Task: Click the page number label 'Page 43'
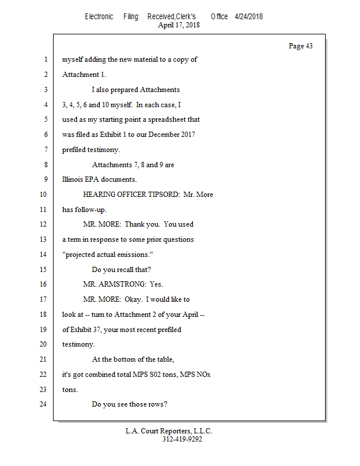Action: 301,46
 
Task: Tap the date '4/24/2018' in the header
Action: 249,17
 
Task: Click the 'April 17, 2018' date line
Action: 179,25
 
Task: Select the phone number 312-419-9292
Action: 182,439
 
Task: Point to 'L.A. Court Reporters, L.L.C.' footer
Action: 169,431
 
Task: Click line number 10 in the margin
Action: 44,195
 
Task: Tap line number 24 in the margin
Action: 44,404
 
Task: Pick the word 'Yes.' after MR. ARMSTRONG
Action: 157,284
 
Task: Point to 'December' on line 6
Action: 165,135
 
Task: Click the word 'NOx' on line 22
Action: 204,375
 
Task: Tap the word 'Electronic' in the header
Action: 99,17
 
